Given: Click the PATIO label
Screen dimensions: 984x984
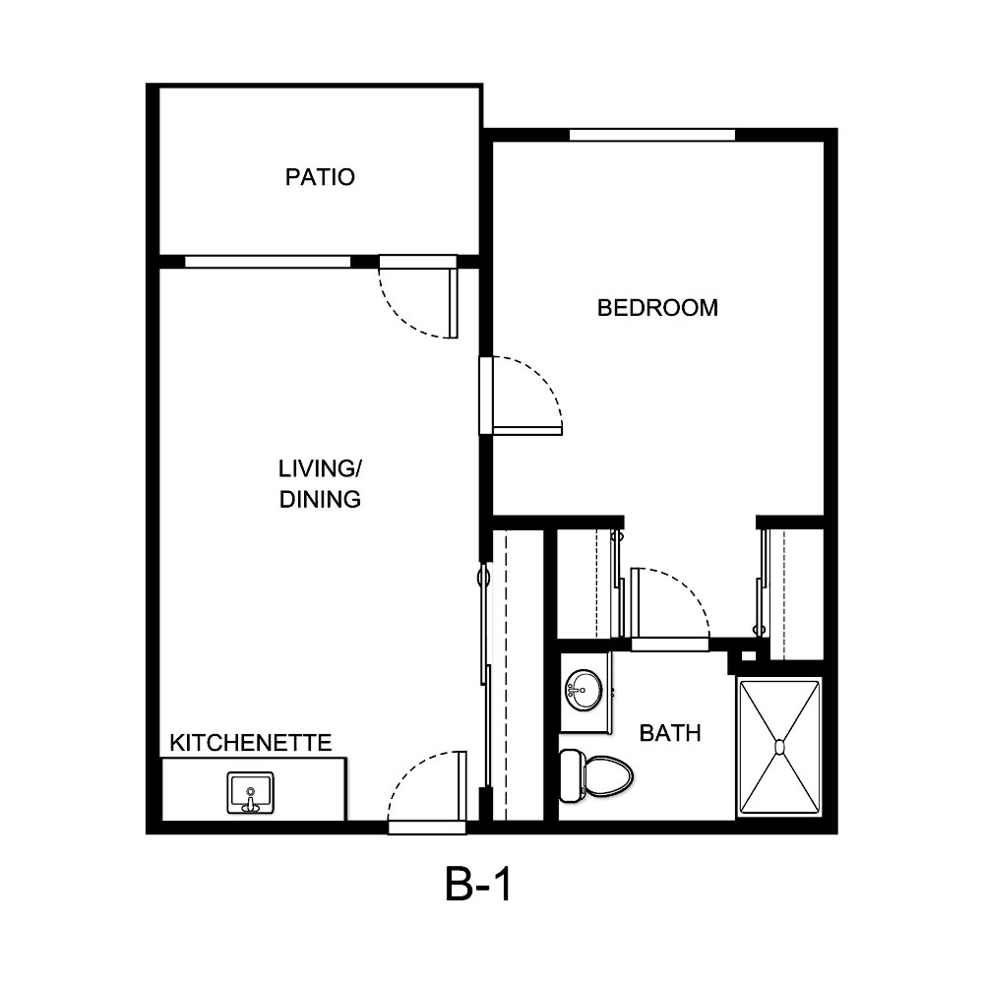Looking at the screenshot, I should (320, 177).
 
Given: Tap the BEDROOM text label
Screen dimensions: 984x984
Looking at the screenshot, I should (657, 308).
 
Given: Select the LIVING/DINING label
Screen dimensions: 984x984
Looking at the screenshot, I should (320, 483).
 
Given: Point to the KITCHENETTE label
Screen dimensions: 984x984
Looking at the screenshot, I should (251, 742).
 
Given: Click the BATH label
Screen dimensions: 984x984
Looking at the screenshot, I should (670, 733).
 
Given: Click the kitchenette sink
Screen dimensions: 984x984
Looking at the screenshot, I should (250, 792).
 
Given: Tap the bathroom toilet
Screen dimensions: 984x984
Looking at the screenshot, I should (596, 773).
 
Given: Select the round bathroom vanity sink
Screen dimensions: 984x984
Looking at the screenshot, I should (584, 689).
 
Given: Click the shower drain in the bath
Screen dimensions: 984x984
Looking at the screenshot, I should (779, 747).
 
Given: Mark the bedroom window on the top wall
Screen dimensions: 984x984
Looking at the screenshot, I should (652, 135).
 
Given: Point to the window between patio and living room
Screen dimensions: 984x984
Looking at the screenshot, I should (268, 262).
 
